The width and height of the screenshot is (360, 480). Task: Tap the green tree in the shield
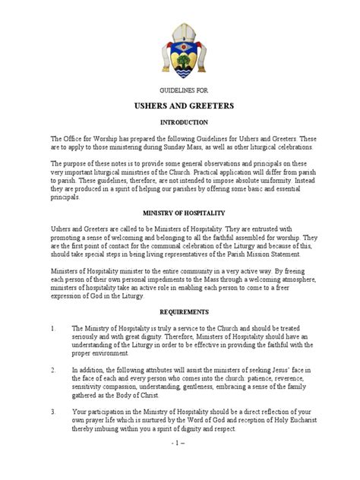(179, 52)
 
